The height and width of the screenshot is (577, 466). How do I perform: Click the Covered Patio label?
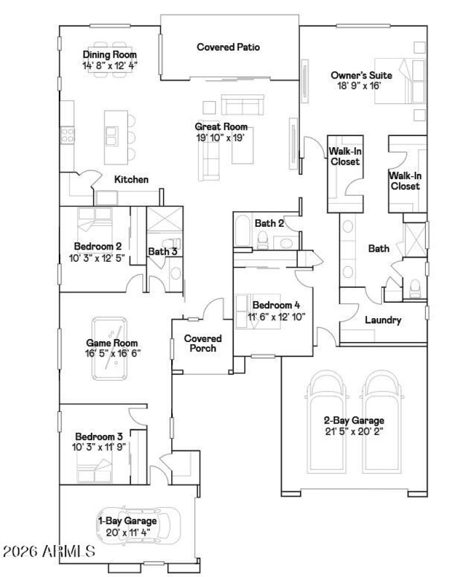click(228, 47)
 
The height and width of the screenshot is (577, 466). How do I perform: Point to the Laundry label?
click(383, 320)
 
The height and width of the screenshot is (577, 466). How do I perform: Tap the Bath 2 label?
click(269, 223)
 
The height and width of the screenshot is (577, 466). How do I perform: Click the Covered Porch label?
click(203, 343)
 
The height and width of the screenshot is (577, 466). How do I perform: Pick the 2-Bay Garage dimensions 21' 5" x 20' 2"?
click(354, 432)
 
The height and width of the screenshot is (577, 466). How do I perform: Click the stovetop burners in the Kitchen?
click(68, 136)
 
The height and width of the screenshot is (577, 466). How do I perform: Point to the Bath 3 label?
click(162, 251)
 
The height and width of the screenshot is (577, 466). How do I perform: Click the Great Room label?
click(221, 127)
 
